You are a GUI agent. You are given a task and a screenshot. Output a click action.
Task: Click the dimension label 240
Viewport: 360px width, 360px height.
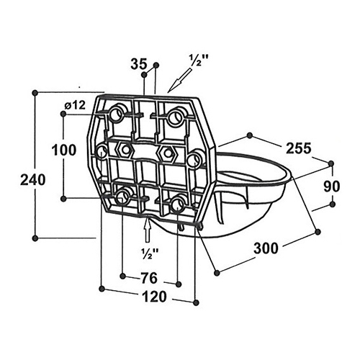point(33,180)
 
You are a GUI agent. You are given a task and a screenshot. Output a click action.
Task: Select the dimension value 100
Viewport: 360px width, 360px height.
point(64,150)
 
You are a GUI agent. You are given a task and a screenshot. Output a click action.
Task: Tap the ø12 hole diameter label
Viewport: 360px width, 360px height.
point(75,105)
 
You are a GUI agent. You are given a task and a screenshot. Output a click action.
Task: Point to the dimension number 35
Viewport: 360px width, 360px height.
point(138,64)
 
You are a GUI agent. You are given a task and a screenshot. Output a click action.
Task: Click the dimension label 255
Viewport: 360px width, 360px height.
point(299,148)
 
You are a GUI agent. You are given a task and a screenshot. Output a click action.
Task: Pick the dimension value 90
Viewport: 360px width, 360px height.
point(332,186)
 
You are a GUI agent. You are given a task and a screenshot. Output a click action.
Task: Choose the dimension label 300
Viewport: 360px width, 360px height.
point(266,248)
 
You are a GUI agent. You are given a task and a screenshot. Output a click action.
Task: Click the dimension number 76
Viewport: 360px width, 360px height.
point(149,278)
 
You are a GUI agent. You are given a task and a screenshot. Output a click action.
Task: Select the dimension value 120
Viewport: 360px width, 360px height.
point(154,297)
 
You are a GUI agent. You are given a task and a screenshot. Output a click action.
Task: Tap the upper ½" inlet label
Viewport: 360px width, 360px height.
point(197,60)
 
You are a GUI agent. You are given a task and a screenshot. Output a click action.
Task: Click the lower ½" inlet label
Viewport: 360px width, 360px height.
point(150,253)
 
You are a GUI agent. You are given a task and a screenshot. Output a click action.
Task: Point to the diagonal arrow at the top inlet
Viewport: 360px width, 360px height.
point(179,80)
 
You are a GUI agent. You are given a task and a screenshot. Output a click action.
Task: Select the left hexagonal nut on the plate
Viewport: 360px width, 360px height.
point(125,150)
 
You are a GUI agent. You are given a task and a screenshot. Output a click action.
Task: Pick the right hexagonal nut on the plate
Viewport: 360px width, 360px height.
point(167,153)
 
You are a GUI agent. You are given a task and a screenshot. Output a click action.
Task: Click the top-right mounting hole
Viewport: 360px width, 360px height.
point(176,117)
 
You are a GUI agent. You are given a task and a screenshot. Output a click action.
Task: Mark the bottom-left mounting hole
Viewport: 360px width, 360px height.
point(123,196)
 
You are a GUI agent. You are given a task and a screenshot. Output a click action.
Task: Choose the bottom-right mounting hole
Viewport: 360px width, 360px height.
point(178,204)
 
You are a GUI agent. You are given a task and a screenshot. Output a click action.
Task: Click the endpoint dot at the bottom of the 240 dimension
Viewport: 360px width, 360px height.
point(35,238)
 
